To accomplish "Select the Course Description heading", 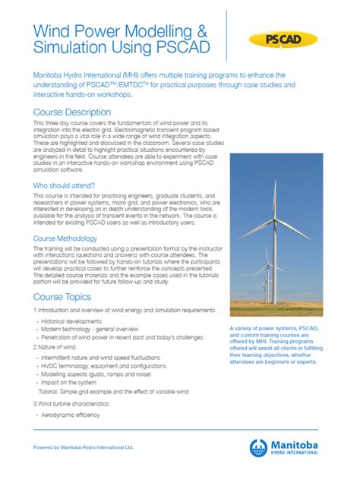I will (x=72, y=112).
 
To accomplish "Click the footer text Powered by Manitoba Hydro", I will (x=84, y=447).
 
